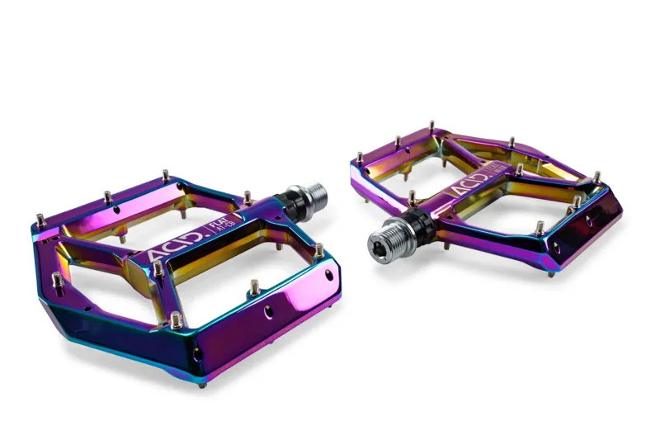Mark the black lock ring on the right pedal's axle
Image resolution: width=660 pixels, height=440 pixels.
tap(417, 219)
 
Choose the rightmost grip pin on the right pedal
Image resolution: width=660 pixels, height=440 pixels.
tap(596, 177)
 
